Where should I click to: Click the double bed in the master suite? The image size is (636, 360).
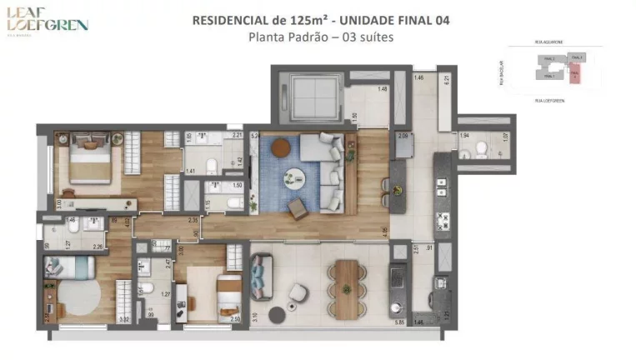tap(89, 158)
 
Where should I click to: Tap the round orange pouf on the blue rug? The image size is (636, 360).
tap(281, 147)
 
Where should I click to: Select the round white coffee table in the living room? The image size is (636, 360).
tap(294, 176)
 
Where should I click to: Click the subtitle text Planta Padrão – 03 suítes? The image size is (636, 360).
tap(320, 37)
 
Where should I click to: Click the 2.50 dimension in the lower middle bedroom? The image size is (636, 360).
tap(235, 319)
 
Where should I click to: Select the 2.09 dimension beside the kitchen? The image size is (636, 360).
tap(403, 136)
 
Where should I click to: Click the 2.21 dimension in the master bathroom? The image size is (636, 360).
tap(236, 136)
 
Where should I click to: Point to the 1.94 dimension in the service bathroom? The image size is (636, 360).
tap(465, 136)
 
